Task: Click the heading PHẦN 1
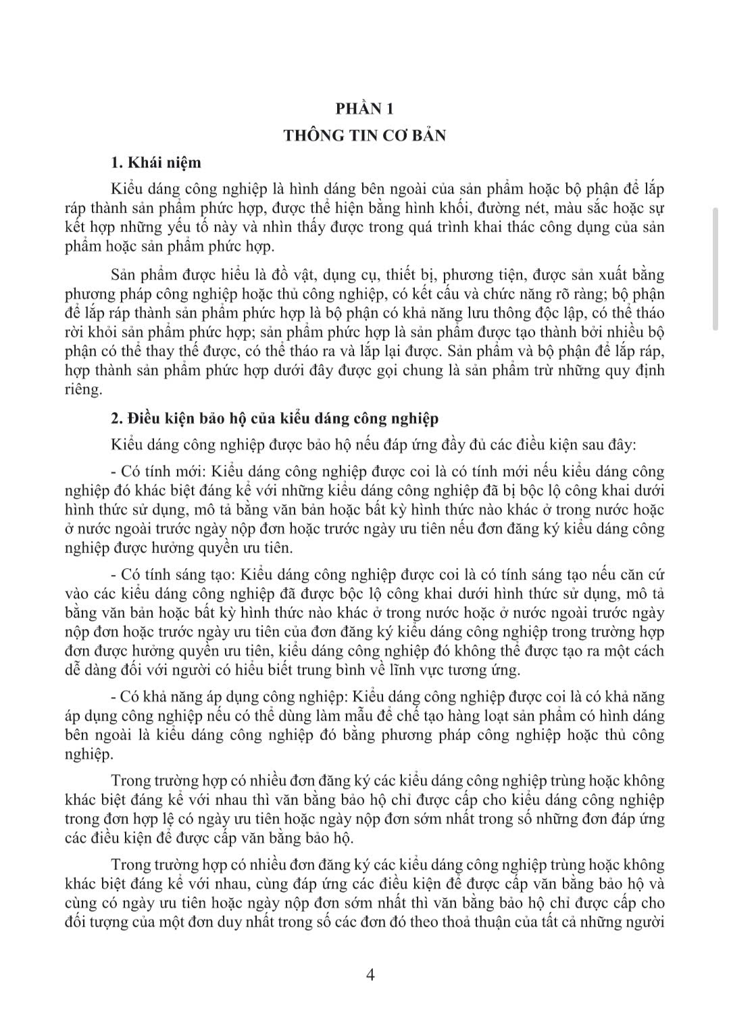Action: pos(364,109)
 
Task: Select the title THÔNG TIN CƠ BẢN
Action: pos(364,135)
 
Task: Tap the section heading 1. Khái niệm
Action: pos(155,163)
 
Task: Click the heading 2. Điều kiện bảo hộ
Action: pos(274,418)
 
